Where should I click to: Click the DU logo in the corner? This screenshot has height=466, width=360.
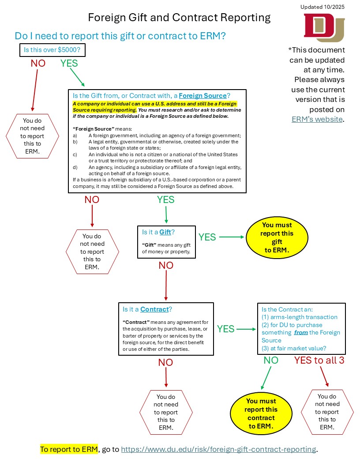[324, 28]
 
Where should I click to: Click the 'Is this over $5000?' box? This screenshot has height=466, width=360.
[52, 50]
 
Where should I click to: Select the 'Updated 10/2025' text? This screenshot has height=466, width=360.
[322, 7]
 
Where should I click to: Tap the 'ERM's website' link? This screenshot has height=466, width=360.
[317, 119]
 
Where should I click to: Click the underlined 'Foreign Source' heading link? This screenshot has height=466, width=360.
[202, 95]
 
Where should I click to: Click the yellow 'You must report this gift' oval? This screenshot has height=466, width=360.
[277, 237]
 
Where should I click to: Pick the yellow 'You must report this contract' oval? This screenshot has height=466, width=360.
[261, 413]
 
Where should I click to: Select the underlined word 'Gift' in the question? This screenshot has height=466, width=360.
[165, 232]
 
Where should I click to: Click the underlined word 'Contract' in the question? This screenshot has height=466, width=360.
[154, 309]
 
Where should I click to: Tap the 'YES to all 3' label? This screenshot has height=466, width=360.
[319, 360]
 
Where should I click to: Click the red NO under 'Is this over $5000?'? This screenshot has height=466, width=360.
[38, 63]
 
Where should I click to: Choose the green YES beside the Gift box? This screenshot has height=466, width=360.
[207, 237]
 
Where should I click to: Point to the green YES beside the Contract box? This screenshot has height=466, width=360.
[226, 329]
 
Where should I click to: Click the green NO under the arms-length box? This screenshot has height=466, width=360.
[271, 360]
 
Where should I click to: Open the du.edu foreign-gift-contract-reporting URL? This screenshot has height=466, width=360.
[218, 449]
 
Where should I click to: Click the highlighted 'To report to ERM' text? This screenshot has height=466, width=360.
[69, 449]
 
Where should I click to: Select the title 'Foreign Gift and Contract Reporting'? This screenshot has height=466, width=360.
[179, 18]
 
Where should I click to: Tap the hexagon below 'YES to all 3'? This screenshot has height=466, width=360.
[327, 412]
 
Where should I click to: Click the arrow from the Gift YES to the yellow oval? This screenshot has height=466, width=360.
[231, 237]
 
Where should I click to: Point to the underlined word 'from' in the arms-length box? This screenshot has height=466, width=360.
[301, 332]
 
